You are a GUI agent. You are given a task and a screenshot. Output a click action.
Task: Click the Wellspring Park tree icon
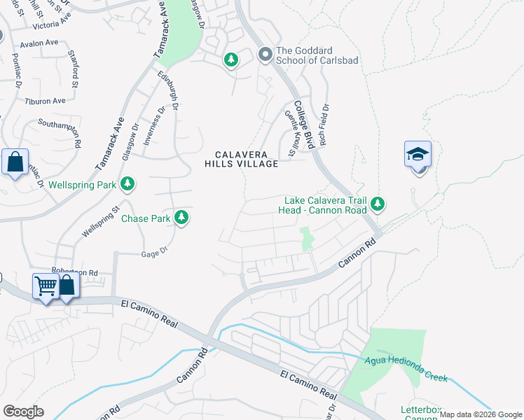click(x=127, y=184)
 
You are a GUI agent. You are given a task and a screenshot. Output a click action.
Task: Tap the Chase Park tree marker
click(x=181, y=218)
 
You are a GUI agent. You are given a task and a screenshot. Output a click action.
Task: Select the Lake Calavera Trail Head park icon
click(x=378, y=204)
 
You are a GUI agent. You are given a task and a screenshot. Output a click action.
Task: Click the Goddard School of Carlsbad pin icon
click(x=266, y=55)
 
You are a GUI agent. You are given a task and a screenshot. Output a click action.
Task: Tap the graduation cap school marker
click(x=418, y=154)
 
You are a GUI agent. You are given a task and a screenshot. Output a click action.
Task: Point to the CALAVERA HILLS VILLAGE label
click(x=242, y=159)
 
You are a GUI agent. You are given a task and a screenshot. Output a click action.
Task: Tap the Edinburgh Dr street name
click(x=168, y=91)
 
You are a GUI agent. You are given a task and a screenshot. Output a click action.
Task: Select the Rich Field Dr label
click(x=324, y=125)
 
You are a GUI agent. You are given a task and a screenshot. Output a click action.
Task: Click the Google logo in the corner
click(x=23, y=412)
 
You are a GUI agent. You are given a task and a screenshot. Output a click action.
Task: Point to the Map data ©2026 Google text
click(x=481, y=414)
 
